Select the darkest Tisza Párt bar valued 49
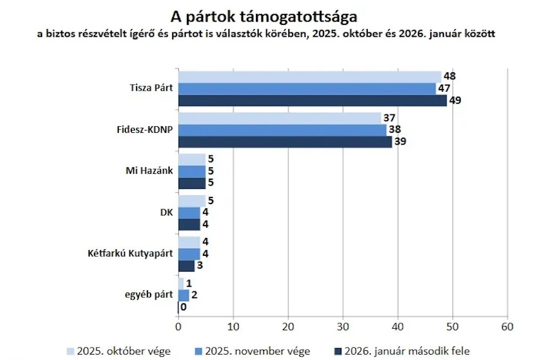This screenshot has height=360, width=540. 312,100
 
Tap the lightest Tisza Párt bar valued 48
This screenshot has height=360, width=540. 309,77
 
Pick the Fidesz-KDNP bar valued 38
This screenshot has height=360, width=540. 282,130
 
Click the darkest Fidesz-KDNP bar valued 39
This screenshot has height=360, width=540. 285,142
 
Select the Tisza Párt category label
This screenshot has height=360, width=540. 151,89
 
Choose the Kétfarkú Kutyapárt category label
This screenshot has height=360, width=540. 130,253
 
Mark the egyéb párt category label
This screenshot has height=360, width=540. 146,295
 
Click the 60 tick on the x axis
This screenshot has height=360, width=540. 507,327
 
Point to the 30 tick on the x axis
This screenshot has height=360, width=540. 342,327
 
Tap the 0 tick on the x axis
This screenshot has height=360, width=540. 178,327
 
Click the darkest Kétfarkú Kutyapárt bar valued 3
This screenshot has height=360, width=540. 186,266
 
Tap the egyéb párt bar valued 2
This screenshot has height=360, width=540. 184,295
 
